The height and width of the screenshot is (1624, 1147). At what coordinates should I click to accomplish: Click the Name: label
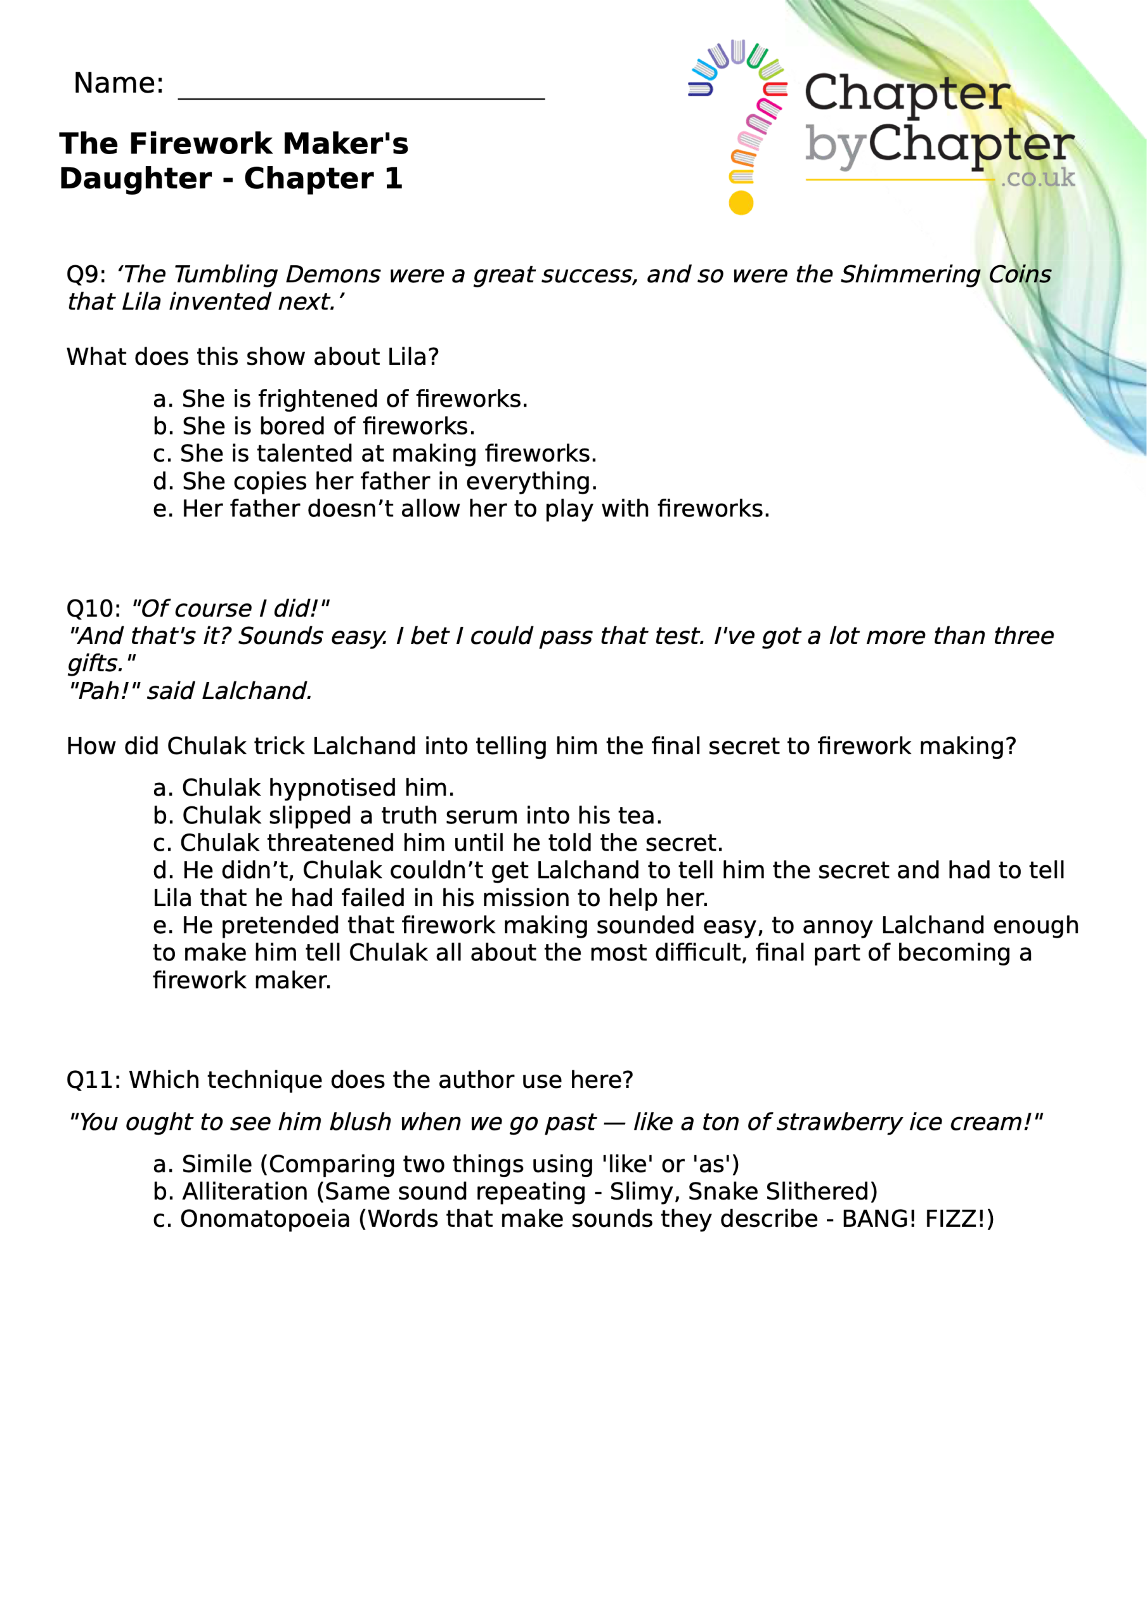118,84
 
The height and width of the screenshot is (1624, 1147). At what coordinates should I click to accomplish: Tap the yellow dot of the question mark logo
741,202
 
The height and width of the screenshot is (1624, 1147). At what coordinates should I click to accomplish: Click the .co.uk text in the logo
1037,178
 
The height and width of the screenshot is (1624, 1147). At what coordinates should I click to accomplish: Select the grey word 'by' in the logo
834,147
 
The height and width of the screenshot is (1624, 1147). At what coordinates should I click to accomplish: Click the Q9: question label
86,275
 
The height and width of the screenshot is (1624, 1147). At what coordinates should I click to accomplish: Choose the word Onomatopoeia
264,1219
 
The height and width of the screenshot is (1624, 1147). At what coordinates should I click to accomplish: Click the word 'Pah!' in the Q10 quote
104,690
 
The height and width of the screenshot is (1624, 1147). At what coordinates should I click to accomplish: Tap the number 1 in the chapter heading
393,178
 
